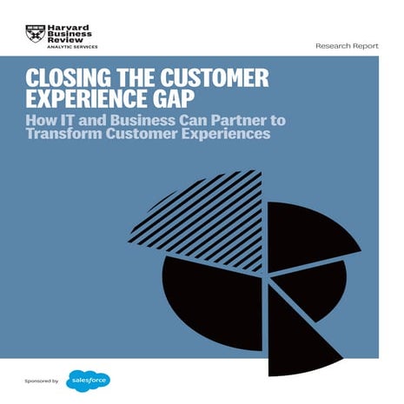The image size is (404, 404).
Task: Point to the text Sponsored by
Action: (42, 381)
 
